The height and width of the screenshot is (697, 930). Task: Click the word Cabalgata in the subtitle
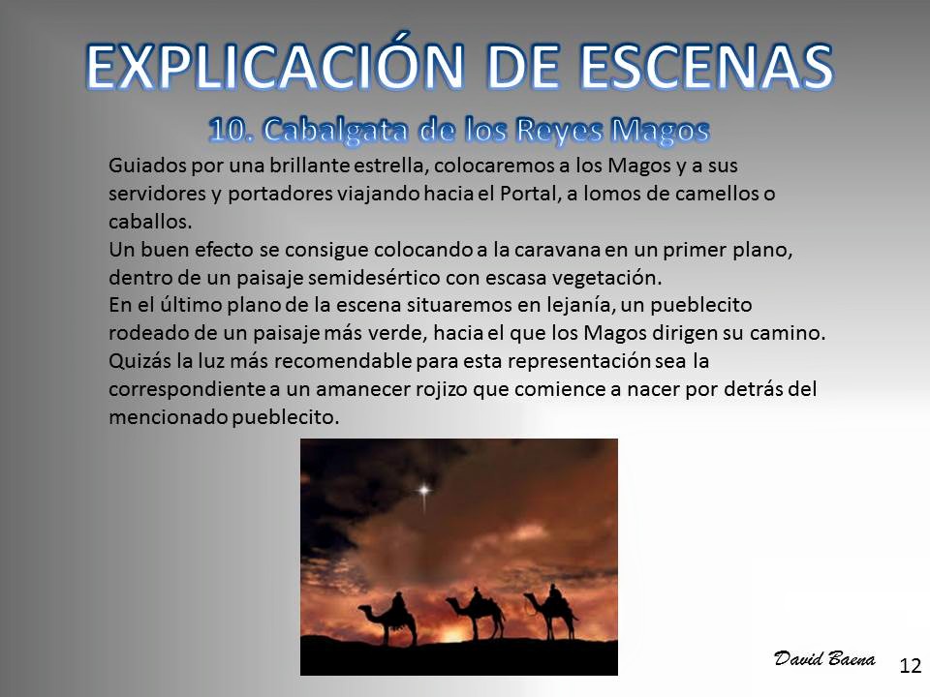coord(336,131)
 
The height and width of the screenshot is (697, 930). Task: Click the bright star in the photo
coord(424,491)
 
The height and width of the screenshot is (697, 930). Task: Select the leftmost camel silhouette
coord(389,619)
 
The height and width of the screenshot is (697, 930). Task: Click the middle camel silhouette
coord(476,614)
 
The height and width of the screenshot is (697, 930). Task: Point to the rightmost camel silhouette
coord(551,612)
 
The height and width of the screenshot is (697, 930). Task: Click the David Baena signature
coord(824,658)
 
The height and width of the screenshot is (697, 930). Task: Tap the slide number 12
coord(911,666)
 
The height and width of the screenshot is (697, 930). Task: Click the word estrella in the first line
coord(389,166)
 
